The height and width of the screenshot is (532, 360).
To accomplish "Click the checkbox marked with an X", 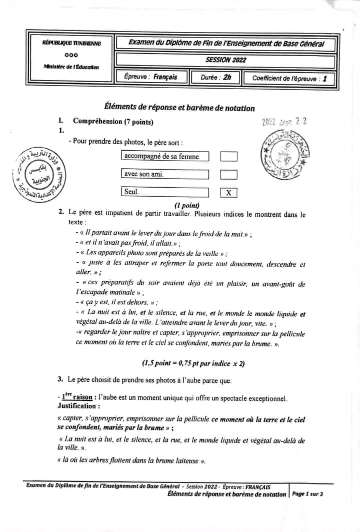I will pos(228,193).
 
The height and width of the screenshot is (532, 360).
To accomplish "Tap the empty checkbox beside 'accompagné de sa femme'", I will pos(228,157).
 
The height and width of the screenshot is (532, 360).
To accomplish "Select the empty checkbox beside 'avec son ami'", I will pos(228,175).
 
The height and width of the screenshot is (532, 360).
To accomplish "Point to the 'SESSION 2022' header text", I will pos(225,60).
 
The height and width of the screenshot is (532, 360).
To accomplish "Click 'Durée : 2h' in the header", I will pos(216,77).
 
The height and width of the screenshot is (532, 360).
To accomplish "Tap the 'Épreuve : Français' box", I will pos(150,77).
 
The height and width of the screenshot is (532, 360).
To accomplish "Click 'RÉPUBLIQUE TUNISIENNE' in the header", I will pos(71,44).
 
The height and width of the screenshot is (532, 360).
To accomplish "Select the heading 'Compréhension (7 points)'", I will pos(113,121).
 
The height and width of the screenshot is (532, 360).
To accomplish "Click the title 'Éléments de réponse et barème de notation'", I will pos(179,108).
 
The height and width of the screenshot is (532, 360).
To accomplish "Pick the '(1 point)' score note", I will pos(186,205).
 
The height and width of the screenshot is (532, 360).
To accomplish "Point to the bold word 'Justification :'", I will pos(78,406).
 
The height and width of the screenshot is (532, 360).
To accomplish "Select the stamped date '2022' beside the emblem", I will pos(269,122).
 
